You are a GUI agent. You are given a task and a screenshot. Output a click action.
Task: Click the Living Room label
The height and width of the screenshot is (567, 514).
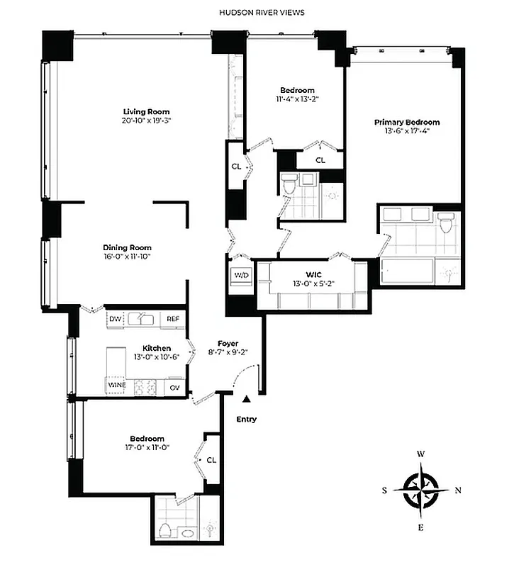point(146,112)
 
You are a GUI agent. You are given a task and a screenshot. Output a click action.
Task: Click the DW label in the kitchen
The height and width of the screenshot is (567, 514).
point(115,320)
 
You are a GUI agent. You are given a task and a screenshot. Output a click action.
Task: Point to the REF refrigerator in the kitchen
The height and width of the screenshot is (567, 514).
point(172,320)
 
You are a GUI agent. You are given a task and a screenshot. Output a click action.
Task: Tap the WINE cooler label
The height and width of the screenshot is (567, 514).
point(116,386)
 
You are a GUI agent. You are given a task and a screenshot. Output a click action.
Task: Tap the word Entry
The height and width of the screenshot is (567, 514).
point(246,419)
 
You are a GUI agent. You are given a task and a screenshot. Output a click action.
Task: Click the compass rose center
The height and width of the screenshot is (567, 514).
point(421,488)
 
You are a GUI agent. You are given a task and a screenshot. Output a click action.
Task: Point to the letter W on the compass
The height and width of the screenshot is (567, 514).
point(421,454)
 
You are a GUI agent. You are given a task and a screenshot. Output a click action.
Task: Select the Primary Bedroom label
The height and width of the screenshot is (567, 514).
point(407,122)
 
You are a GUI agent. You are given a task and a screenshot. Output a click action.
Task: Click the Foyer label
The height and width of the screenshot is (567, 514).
point(228,344)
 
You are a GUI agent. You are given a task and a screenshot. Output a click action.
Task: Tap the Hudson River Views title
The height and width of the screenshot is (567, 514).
point(257,13)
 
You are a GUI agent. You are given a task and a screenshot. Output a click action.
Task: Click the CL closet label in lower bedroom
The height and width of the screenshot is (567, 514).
point(211,460)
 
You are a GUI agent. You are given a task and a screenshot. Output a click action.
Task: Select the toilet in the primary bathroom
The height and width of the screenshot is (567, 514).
point(445,224)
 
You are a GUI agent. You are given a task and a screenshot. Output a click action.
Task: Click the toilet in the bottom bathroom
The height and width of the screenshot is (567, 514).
point(164,530)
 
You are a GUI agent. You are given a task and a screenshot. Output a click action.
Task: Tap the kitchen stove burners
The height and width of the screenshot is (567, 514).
point(145,387)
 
